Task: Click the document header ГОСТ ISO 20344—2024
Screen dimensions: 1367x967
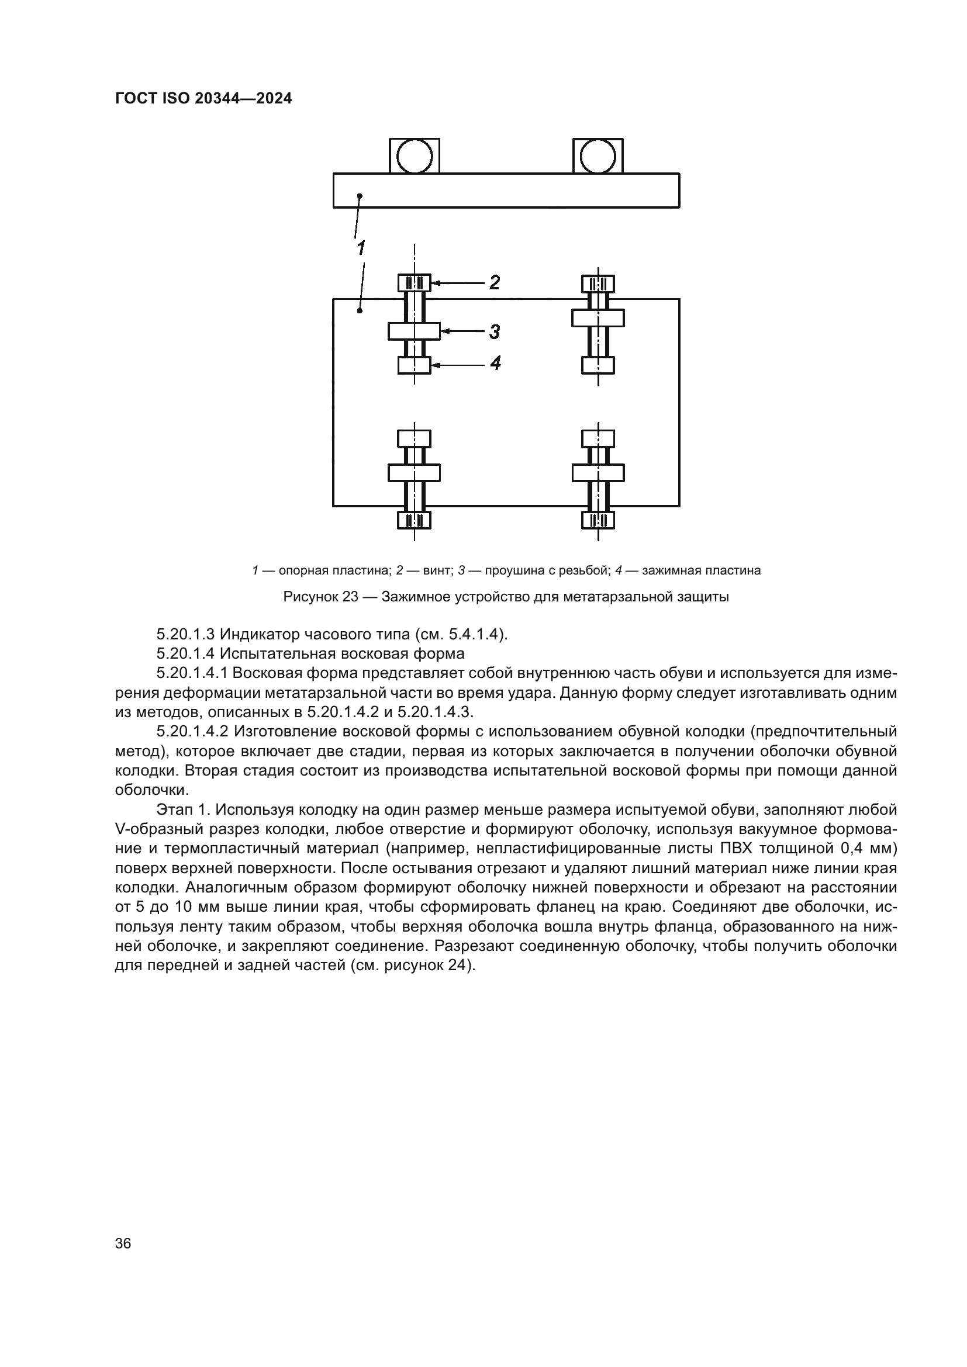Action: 203,99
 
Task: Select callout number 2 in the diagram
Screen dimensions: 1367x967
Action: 494,282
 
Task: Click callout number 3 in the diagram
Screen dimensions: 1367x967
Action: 494,331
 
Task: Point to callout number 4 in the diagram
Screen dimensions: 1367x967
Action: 495,362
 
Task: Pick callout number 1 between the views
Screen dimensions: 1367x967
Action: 361,247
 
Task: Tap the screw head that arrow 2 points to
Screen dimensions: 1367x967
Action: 415,283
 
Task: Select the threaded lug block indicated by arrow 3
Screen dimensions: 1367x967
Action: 415,331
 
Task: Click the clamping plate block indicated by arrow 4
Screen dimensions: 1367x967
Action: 415,365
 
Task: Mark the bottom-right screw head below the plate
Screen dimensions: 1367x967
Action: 598,520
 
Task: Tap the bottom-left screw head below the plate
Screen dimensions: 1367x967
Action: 415,520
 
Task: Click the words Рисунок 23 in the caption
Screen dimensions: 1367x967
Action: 320,597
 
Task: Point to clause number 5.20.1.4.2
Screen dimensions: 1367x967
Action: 193,732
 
